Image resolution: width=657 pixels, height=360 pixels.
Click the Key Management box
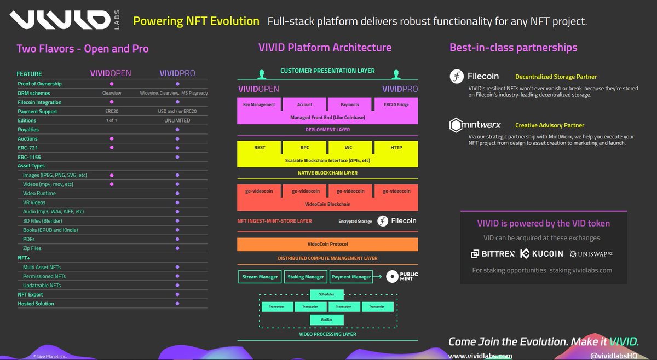pos(259,104)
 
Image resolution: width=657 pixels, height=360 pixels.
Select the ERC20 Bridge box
pos(396,104)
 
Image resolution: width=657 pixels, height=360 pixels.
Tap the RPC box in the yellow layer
pos(305,147)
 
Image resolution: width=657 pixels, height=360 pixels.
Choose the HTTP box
pos(396,147)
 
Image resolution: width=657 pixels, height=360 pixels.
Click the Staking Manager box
pos(306,277)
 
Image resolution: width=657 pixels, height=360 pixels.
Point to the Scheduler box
pos(326,294)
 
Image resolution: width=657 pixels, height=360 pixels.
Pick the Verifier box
pos(326,319)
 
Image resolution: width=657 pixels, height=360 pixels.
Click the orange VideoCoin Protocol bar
pos(327,244)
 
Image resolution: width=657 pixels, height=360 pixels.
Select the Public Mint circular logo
pos(391,277)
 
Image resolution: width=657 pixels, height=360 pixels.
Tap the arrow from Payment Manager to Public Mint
pos(379,277)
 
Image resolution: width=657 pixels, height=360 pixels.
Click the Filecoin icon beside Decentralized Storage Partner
pos(457,77)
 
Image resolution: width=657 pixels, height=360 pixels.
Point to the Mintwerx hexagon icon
pos(456,125)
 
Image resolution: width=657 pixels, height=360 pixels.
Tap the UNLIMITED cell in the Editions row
pos(177,120)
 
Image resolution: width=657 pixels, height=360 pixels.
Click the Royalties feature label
pos(28,130)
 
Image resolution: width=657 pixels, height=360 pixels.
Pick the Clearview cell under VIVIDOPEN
pos(111,93)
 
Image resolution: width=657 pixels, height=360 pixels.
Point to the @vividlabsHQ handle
pos(613,356)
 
